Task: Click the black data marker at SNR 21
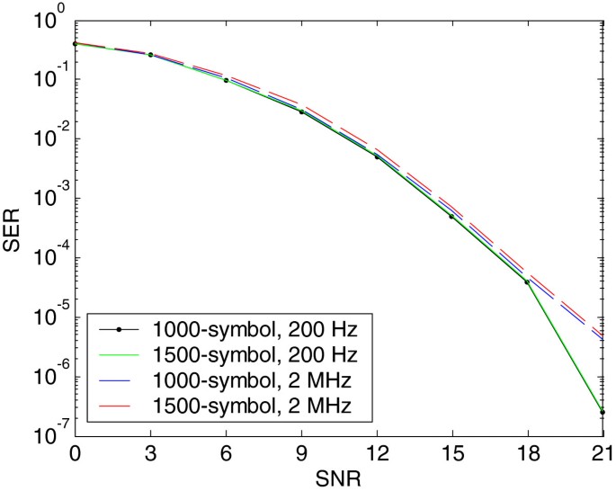[602, 412]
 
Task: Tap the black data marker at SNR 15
[451, 217]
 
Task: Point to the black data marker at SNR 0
[76, 43]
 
